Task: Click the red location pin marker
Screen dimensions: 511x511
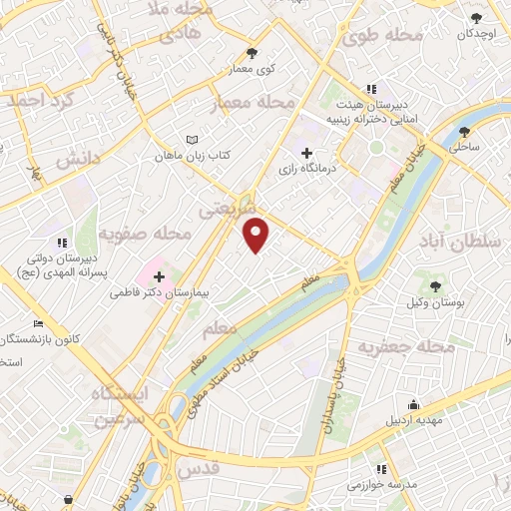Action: pyautogui.click(x=256, y=234)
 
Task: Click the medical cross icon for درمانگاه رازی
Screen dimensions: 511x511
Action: pyautogui.click(x=306, y=154)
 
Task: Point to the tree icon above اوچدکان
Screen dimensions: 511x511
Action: pyautogui.click(x=477, y=17)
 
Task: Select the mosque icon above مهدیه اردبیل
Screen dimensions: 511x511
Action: pyautogui.click(x=414, y=402)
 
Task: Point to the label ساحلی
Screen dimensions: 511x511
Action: pyautogui.click(x=464, y=147)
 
